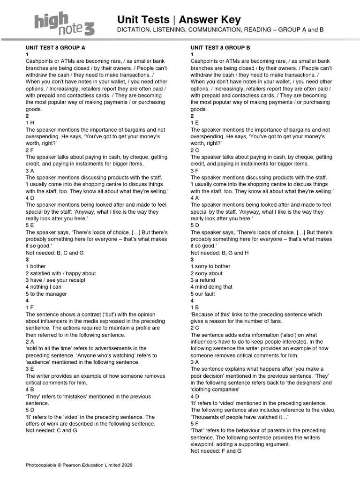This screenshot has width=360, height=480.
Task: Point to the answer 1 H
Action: pos(30,123)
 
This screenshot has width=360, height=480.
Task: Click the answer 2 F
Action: pos(30,150)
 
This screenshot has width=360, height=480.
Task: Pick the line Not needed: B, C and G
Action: pos(55,253)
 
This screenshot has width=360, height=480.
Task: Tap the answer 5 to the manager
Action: pos(46,294)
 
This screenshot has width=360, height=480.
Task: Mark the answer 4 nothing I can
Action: pos(44,287)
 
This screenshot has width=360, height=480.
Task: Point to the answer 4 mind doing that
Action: pos(211,287)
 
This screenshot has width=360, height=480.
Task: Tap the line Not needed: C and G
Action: pos(51,430)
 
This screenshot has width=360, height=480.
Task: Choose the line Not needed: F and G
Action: pos(216,450)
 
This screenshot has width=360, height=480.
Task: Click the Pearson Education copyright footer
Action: pos(79,465)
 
